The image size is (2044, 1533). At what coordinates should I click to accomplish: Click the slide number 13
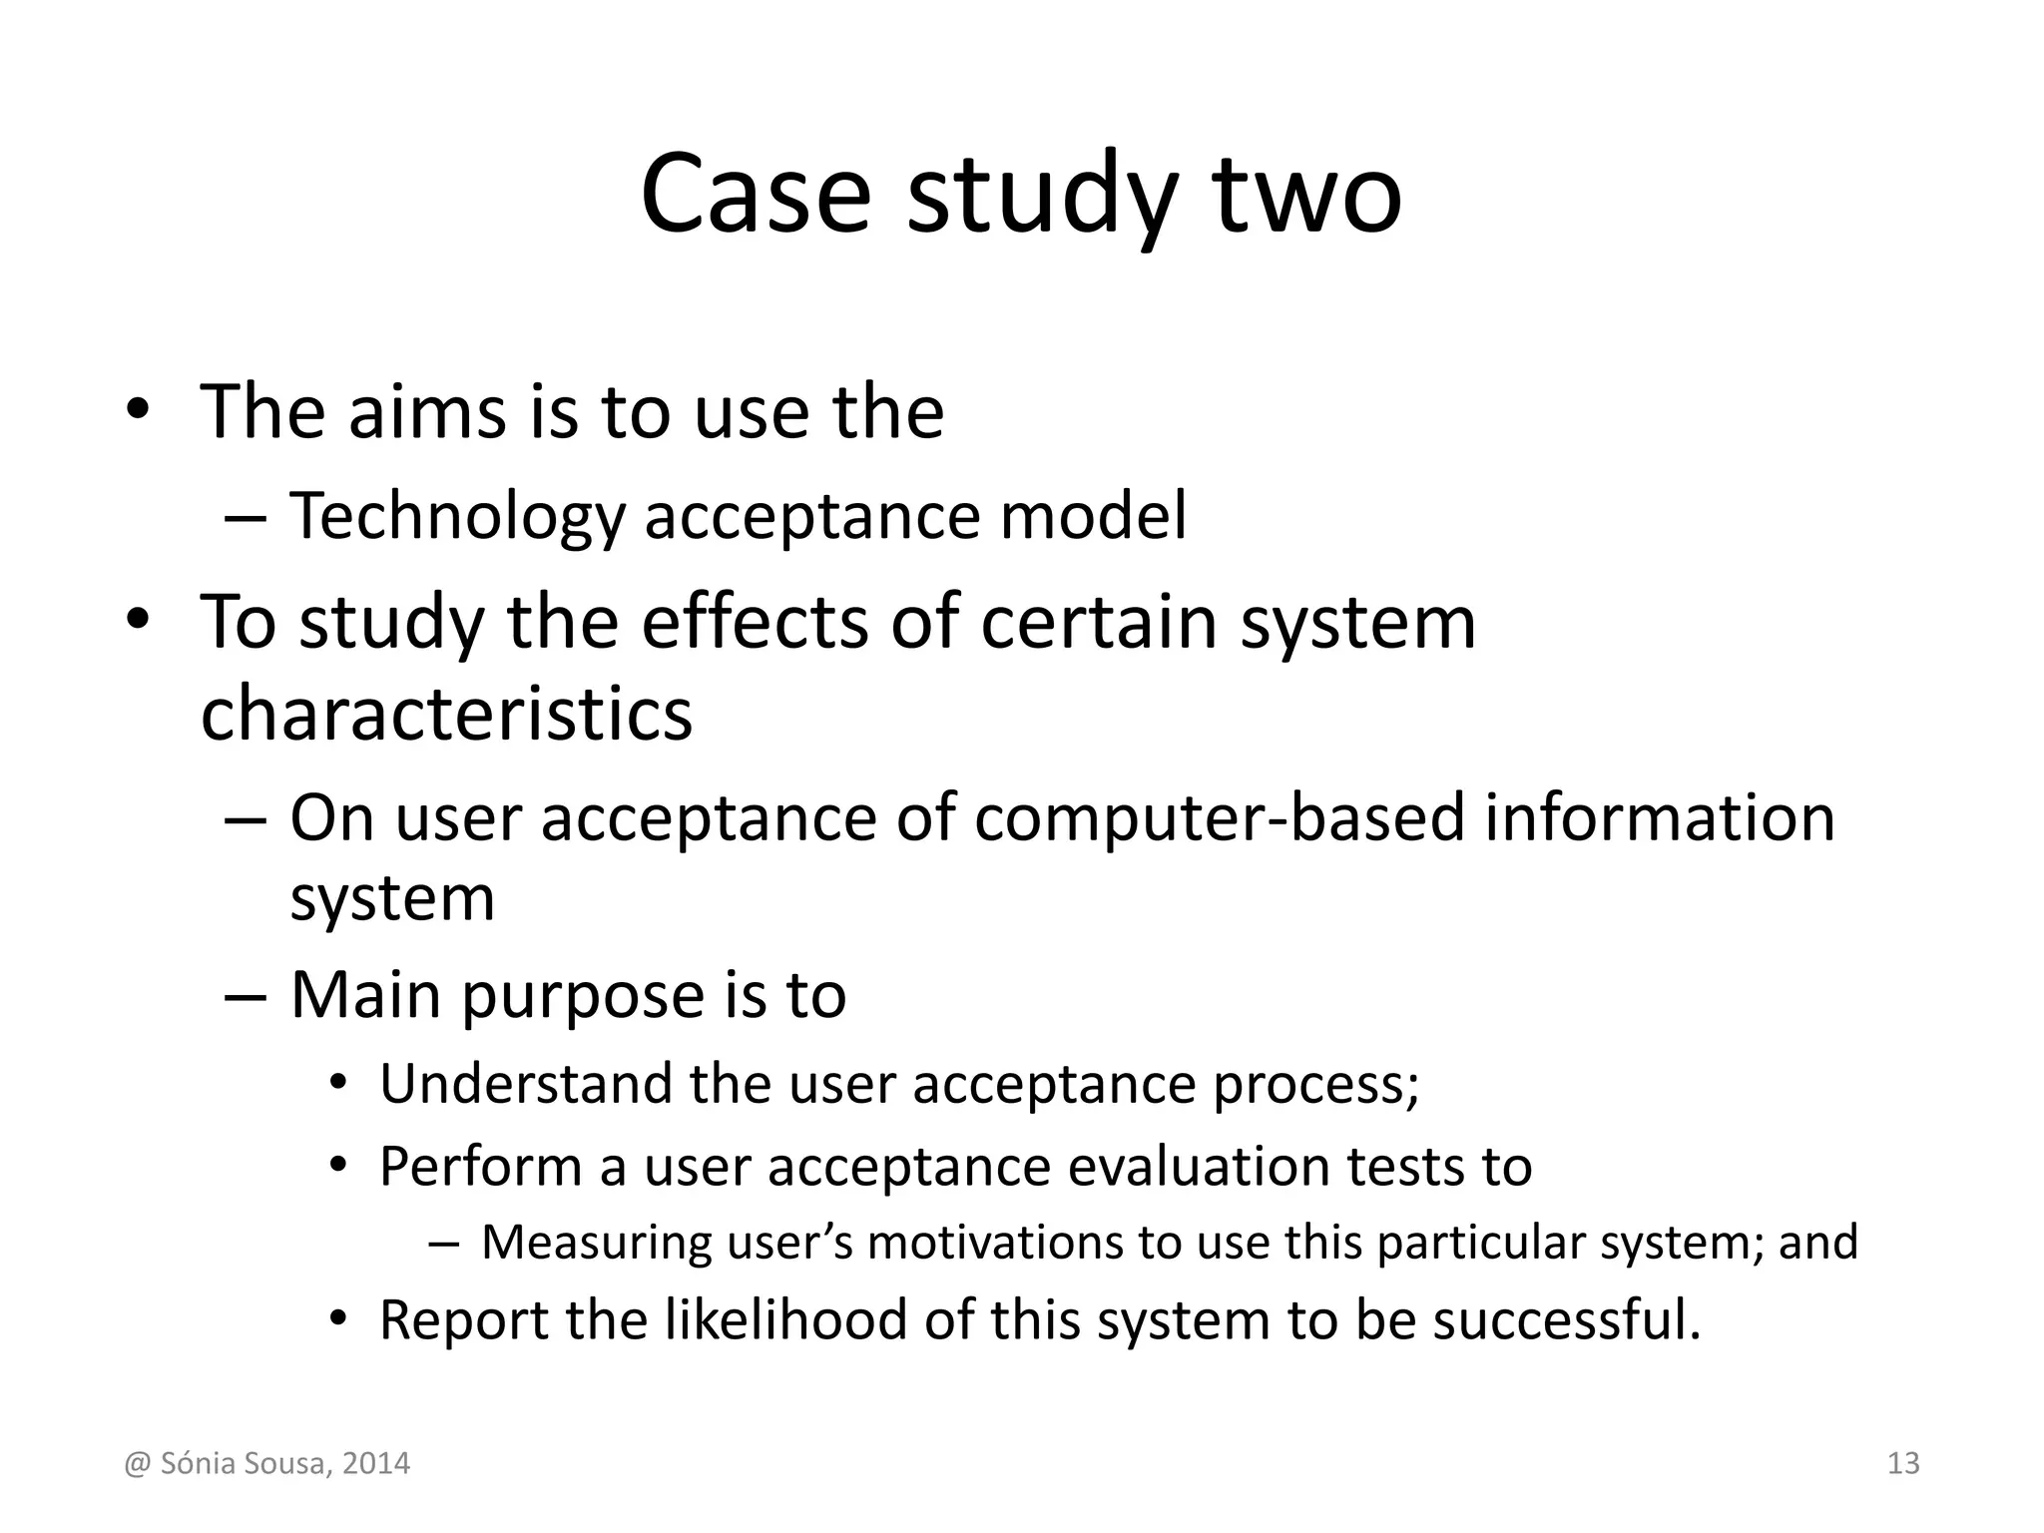(x=1903, y=1463)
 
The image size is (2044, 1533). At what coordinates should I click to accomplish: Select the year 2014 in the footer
(x=375, y=1464)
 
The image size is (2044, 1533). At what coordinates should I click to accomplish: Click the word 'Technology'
(x=457, y=516)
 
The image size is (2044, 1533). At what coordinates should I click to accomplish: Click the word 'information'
(x=1659, y=818)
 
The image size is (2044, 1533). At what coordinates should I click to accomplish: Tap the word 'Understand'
(x=526, y=1084)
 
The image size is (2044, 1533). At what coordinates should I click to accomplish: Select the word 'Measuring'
(x=595, y=1243)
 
